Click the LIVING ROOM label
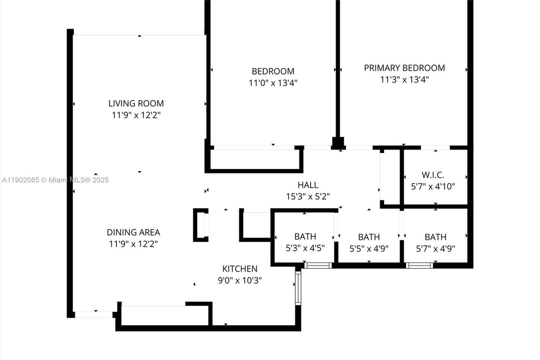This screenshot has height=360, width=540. coord(136,103)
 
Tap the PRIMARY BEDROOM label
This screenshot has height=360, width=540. coord(404,68)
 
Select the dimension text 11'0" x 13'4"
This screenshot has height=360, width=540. coord(273,82)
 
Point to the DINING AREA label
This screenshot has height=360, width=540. coord(133,232)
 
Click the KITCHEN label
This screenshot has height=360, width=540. coord(240,269)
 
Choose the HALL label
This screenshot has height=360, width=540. coord(308,185)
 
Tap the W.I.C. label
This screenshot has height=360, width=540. coord(433,175)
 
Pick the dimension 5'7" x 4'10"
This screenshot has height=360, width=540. coord(433,186)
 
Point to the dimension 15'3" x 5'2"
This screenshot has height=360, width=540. coord(308,196)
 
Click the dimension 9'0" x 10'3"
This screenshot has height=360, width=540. coord(240,280)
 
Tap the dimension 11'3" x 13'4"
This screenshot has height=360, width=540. coord(404,79)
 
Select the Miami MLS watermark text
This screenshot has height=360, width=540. coord(55,180)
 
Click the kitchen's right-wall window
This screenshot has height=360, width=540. coord(298,288)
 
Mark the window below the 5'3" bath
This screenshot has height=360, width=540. coord(318,265)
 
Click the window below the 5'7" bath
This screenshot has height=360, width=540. coord(419,265)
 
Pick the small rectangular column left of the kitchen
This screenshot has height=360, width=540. coord(201,225)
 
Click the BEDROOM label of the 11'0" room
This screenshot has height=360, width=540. coord(273,71)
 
